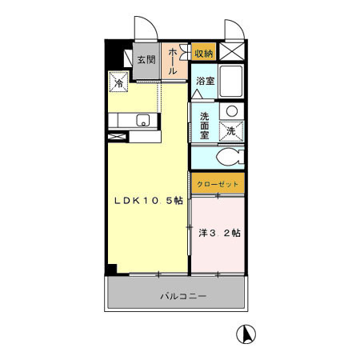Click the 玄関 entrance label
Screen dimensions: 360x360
click(145, 60)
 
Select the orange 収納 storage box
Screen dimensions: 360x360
click(203, 53)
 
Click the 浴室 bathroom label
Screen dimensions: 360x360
click(205, 81)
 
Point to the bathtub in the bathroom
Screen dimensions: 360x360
click(232, 82)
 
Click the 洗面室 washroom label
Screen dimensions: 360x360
click(205, 124)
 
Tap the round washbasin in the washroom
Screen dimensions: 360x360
click(231, 111)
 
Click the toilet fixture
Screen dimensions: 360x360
click(228, 157)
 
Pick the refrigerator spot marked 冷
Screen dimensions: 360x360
click(119, 82)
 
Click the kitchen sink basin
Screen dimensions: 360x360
click(143, 121)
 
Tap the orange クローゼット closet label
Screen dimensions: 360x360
click(217, 184)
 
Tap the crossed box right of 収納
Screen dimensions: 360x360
click(231, 53)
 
